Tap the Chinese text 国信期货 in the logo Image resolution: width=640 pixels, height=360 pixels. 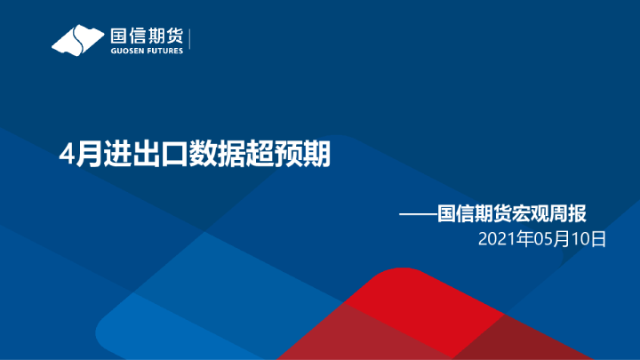coord(146,36)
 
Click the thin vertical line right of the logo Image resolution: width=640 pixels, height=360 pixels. coord(190,40)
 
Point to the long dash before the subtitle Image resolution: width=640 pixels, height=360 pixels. coord(418,213)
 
